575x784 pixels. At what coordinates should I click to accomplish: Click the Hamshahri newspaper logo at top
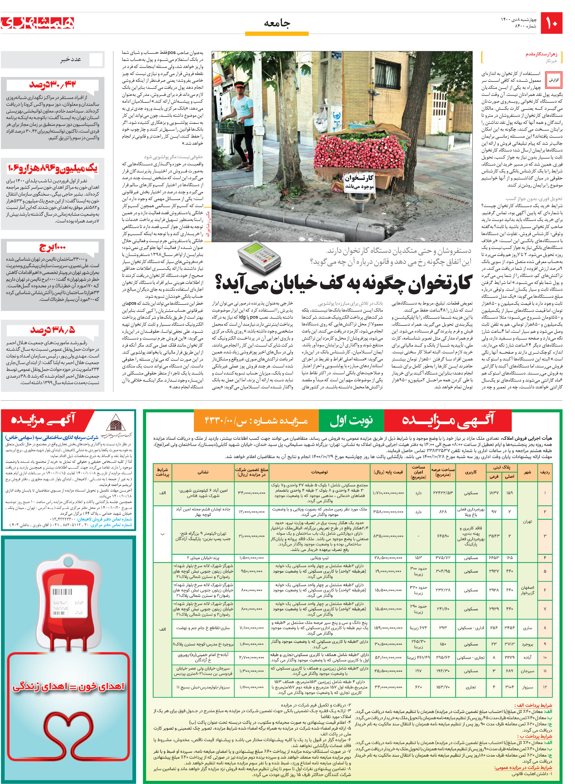pos(38,23)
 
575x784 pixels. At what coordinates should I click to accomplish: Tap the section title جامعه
pos(277,23)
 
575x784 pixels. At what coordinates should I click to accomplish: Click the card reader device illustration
pos(259,258)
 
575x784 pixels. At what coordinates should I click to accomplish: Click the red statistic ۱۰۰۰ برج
pos(52,247)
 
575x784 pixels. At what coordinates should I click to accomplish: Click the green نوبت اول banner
pos(351,420)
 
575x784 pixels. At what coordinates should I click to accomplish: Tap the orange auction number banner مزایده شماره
pos(256,420)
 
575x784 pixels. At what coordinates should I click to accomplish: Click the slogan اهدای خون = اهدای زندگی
pos(68,687)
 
